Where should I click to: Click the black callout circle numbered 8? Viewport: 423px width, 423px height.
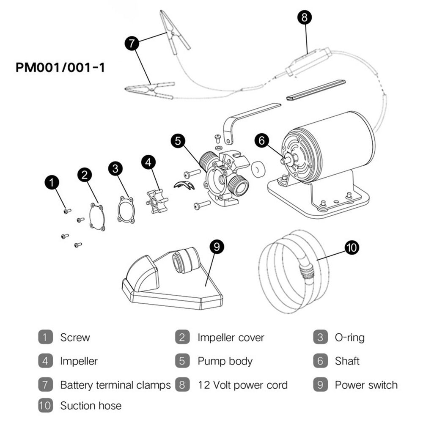[x=304, y=17]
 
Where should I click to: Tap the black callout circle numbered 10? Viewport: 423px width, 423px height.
[x=352, y=247]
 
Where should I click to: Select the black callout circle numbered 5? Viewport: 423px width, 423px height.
[x=179, y=141]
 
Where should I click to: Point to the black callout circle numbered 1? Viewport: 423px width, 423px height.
[x=52, y=183]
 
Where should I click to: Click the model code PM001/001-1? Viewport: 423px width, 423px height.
[x=60, y=67]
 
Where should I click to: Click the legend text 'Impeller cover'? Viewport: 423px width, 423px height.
[x=231, y=338]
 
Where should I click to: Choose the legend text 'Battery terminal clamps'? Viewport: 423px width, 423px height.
[x=115, y=385]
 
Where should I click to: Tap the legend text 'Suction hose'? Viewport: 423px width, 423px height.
[x=91, y=406]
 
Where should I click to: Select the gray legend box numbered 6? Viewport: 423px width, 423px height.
[x=320, y=361]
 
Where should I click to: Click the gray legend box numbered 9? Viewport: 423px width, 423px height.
[x=320, y=385]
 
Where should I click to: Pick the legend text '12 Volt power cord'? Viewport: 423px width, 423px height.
[x=242, y=385]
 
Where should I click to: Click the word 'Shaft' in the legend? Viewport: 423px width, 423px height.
[x=347, y=361]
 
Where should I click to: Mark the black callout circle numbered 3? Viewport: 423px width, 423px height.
[x=115, y=168]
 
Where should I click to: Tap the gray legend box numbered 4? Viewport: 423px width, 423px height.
[x=45, y=361]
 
